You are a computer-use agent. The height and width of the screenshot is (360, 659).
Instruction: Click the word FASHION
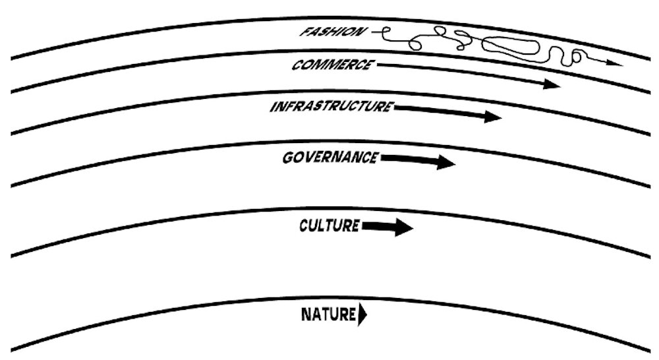pos(332,32)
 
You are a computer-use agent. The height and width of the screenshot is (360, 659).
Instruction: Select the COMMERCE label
pos(332,65)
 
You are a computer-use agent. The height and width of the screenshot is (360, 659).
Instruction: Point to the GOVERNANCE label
pos(330,158)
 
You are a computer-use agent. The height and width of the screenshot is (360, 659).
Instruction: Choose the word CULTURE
pos(329,225)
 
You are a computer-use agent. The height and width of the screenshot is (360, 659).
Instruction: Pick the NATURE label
pos(329,314)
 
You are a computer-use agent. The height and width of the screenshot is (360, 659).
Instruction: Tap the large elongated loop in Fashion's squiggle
pos(510,46)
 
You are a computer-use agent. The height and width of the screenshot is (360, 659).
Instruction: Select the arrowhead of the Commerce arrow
pos(551,84)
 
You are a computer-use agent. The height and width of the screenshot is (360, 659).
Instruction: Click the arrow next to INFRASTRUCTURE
pos(448,112)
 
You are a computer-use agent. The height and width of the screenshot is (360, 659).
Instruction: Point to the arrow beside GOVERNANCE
pos(418,160)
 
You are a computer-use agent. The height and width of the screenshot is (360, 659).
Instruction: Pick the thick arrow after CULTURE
pos(387,227)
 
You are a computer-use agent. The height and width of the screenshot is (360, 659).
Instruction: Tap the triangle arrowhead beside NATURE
pos(362,315)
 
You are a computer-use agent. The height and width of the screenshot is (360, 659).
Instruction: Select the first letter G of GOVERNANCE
pos(289,158)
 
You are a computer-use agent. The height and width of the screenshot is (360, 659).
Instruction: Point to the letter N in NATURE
pos(306,315)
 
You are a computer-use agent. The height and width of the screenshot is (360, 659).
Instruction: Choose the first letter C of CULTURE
pos(304,226)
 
